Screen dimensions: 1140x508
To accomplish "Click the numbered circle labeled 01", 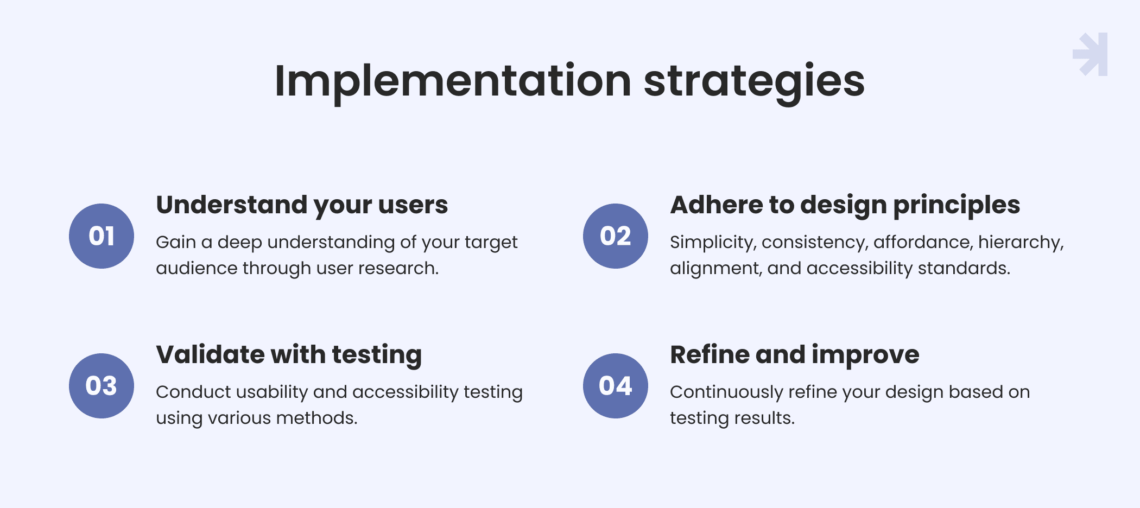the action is coord(102,236).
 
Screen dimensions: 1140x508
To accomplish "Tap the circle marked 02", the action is coord(616,236).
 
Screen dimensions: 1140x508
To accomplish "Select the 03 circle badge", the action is coord(102,386).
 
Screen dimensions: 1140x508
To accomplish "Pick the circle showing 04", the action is coord(616,386).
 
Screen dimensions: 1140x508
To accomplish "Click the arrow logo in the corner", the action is coord(1090,54).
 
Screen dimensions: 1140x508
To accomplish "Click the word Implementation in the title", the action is coord(453,81).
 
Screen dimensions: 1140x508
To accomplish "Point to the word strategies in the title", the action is coord(754,81).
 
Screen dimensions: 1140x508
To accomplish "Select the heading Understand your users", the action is coord(302,205).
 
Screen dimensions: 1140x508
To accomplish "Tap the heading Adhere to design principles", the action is coord(845,205).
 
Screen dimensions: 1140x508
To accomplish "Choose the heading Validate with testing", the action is coord(289,355).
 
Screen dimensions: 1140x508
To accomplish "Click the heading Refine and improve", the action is coord(795,355).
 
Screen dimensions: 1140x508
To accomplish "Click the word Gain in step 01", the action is coord(176,242).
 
